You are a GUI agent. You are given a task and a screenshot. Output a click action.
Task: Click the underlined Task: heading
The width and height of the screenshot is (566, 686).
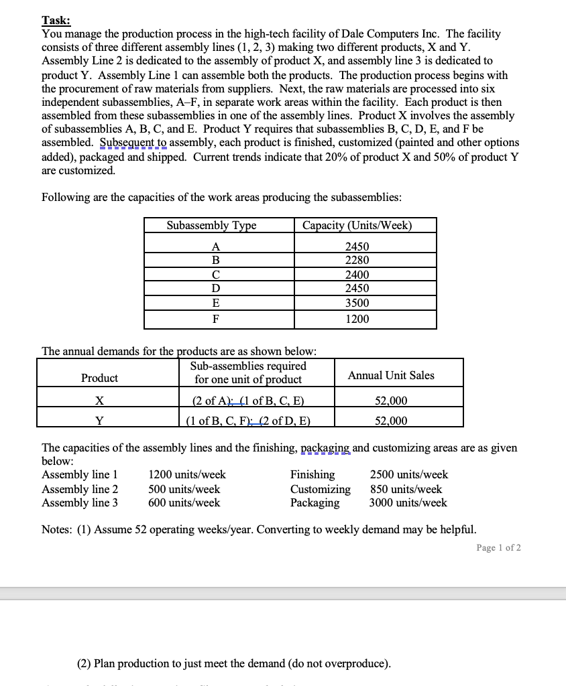tap(57, 21)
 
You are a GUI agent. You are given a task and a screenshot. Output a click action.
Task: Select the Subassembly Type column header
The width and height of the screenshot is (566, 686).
tap(211, 226)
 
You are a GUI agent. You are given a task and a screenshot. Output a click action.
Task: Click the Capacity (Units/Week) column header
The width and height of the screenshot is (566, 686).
tap(357, 226)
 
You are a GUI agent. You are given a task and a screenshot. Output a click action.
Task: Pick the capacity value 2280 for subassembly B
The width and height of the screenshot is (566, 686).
tap(357, 260)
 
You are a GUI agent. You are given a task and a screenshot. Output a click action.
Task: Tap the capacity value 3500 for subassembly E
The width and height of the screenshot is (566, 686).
tap(357, 303)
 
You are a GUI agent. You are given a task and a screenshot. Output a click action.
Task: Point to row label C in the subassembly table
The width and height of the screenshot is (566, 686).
tap(215, 275)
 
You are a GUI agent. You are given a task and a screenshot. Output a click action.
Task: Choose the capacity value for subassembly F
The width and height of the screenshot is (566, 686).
tap(357, 319)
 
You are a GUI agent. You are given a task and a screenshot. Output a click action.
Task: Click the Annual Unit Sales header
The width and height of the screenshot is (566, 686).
tap(390, 376)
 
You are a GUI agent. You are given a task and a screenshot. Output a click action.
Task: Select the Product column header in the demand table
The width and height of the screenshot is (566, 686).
tap(99, 379)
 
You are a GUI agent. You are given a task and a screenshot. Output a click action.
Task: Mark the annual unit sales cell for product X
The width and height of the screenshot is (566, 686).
tap(390, 401)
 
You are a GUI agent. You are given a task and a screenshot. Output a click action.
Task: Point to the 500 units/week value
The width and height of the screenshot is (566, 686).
tap(184, 489)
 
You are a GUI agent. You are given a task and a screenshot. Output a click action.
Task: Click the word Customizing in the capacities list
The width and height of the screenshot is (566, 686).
tap(320, 489)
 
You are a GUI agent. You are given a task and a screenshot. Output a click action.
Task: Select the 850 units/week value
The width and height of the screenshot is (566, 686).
tap(406, 489)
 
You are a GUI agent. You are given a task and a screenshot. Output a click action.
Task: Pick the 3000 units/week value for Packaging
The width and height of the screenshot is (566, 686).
tap(408, 503)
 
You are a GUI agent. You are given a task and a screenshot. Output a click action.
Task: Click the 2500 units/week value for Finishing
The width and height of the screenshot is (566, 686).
tap(408, 475)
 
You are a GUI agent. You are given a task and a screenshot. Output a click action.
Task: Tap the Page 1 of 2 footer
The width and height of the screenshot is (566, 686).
tap(498, 548)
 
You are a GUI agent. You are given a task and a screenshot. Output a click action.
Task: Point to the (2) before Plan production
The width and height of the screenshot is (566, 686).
tap(84, 664)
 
